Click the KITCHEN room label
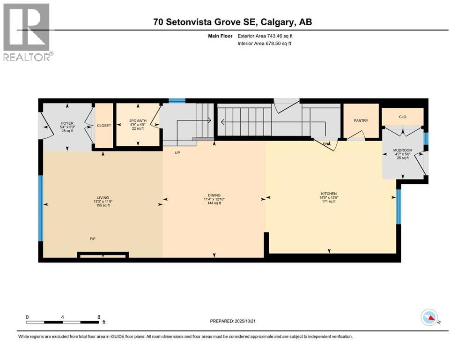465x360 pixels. (329, 194)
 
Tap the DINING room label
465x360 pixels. (214, 195)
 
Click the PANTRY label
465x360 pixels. (361, 120)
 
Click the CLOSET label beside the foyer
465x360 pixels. (104, 126)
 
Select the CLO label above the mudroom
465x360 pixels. (402, 117)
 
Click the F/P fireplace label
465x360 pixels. (93, 239)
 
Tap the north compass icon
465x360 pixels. (429, 318)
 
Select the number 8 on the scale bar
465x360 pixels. (98, 316)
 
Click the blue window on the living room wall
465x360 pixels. (41, 208)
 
